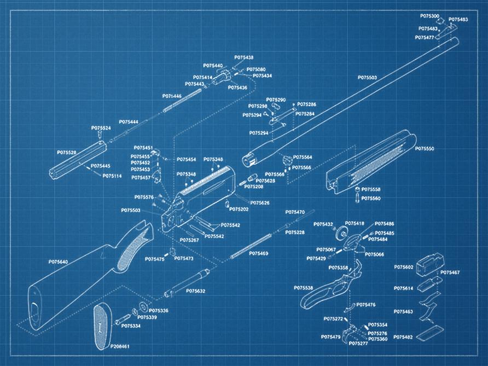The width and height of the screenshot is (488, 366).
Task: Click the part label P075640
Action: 58,262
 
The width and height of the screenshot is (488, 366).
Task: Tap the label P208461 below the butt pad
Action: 120,347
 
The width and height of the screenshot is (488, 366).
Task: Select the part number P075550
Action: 425,149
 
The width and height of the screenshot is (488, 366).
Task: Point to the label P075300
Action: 429,16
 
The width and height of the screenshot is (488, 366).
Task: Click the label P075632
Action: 195,291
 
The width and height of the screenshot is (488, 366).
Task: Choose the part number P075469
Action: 259,254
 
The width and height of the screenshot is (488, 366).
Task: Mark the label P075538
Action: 303,288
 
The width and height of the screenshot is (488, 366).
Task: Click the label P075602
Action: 404,267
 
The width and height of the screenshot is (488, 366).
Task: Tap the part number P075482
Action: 404,337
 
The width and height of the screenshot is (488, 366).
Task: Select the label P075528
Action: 66,153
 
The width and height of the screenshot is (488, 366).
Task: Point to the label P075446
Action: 172,96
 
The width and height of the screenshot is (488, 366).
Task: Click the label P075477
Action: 425,38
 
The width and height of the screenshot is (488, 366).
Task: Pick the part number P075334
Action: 131,326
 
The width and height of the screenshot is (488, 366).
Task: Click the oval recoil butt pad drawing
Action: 101,326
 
